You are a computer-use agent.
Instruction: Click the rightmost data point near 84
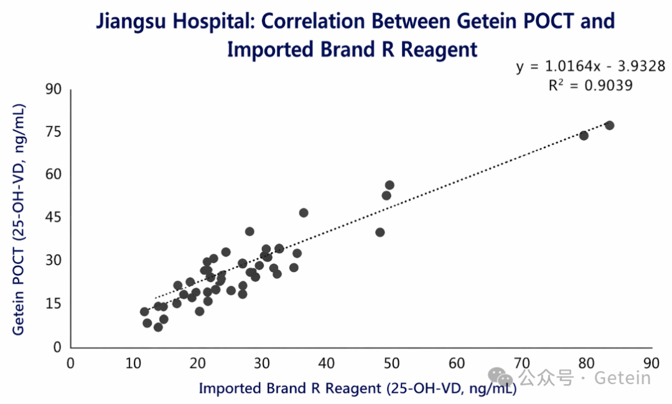(609, 125)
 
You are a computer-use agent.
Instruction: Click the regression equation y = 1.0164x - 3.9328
(590, 67)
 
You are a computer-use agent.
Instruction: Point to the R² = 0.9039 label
(590, 86)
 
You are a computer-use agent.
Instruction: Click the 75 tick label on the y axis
(54, 132)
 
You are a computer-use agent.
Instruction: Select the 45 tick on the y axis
(54, 218)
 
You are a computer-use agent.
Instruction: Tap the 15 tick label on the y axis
(54, 304)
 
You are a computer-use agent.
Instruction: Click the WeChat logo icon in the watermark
(500, 376)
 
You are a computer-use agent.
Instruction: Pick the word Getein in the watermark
(623, 377)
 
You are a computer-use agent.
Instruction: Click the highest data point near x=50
(390, 185)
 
